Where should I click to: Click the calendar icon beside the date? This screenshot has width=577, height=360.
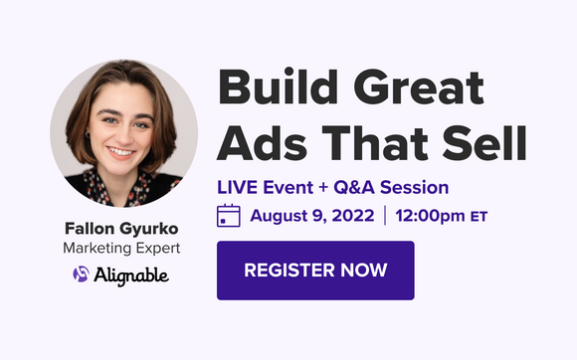[229, 215]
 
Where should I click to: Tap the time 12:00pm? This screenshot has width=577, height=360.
[431, 215]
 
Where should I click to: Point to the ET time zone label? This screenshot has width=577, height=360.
[480, 216]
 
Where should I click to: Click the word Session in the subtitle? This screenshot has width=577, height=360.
[417, 187]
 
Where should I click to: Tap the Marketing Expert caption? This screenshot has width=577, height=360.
[116, 247]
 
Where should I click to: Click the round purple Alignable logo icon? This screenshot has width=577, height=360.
[80, 273]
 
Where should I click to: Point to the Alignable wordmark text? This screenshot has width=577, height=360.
[129, 273]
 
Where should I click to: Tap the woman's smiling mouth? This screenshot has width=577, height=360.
[121, 153]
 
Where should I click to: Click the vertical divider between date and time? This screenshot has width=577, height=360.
[383, 215]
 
